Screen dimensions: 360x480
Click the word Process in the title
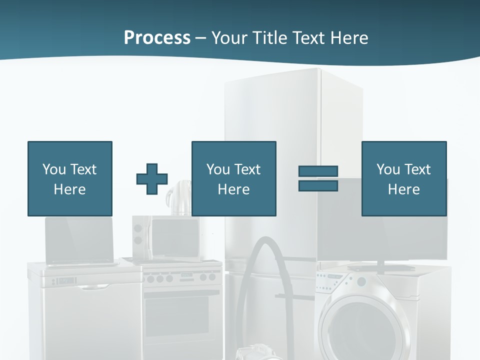157,37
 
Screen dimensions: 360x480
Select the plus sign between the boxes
152,178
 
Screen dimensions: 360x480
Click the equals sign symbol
318,178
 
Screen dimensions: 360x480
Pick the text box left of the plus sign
70,178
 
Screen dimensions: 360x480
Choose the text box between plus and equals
233,178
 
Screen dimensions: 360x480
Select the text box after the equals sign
403,178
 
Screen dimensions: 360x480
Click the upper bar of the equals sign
318,171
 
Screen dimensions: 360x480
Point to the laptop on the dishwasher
79,240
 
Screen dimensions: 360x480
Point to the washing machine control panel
332,287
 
